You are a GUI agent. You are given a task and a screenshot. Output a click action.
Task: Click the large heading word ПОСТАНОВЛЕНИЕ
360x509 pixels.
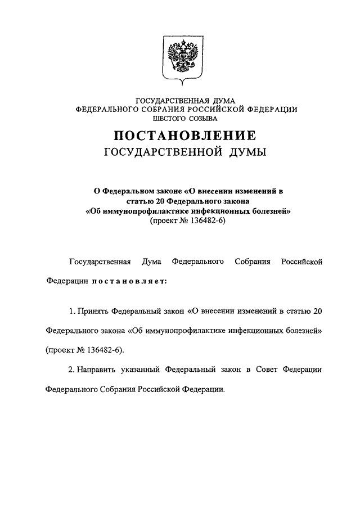pyautogui.click(x=186, y=136)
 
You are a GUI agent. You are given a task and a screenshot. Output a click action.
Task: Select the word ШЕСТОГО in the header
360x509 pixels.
pyautogui.click(x=167, y=118)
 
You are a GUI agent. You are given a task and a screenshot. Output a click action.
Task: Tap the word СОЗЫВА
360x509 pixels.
pyautogui.click(x=203, y=118)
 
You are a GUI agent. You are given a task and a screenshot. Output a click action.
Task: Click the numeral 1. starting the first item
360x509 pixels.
pyautogui.click(x=71, y=310)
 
